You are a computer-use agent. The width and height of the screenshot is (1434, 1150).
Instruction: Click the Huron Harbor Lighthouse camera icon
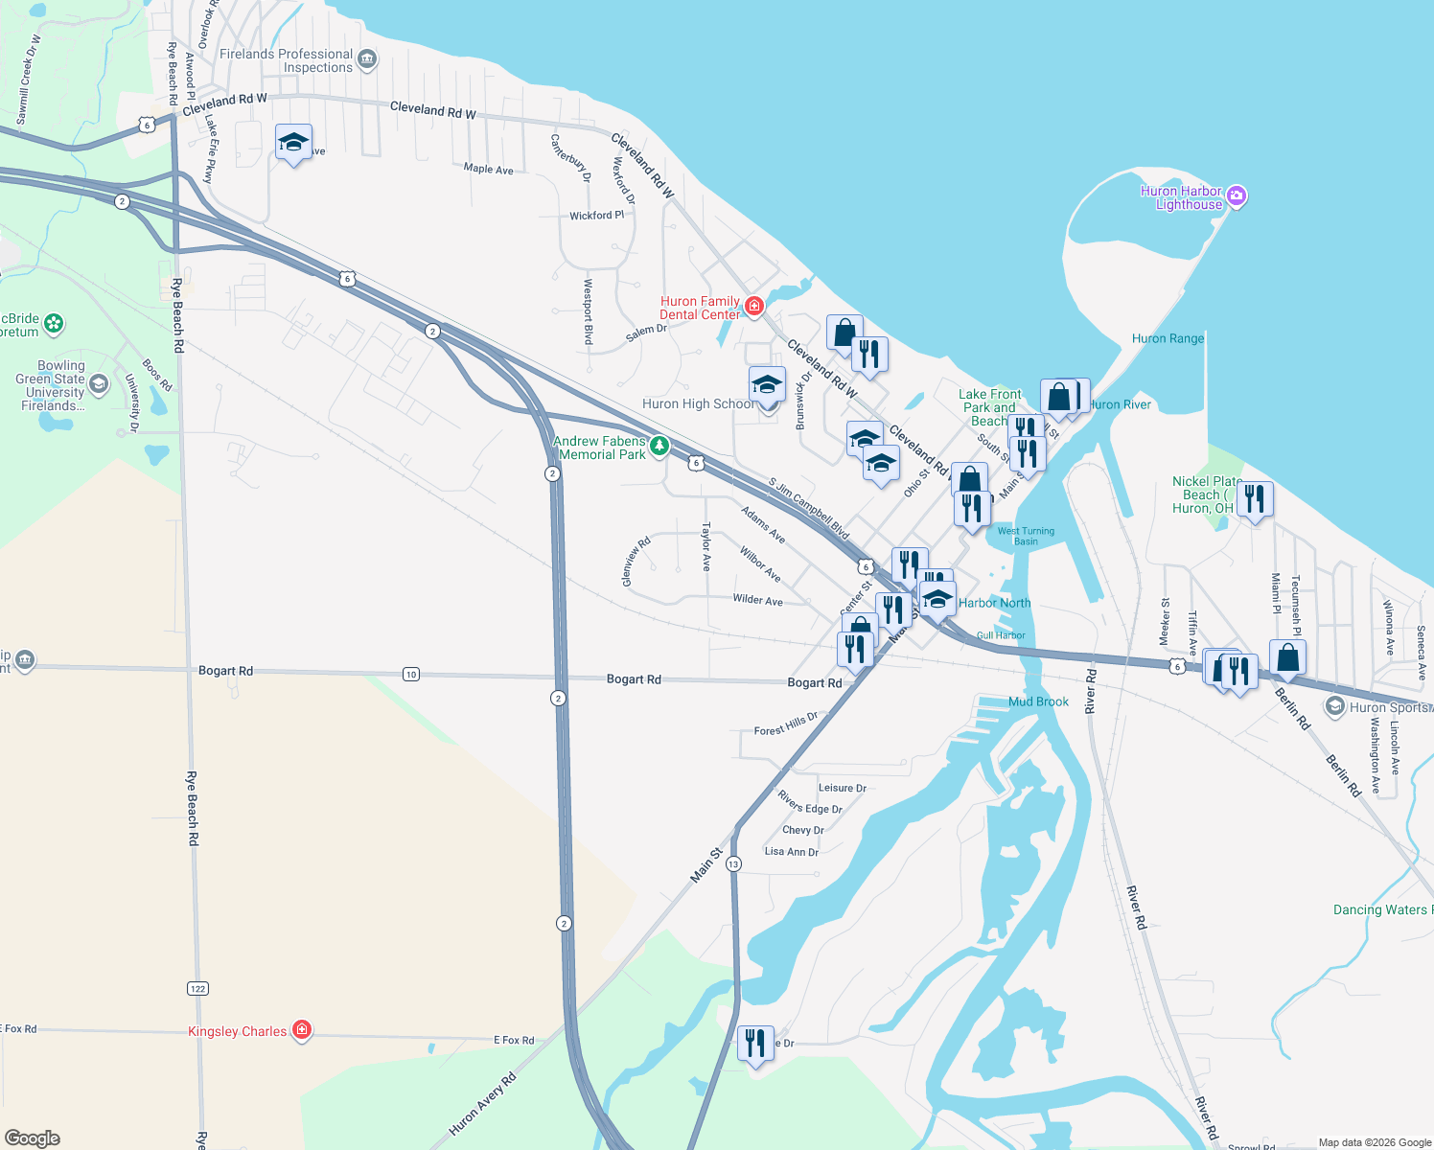point(1237,196)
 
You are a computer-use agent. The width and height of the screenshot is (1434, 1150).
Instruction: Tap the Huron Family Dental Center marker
point(754,307)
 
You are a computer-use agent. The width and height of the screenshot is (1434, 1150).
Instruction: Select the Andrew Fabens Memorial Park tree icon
point(659,446)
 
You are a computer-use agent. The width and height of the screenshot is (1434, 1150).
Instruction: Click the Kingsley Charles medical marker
point(302,1030)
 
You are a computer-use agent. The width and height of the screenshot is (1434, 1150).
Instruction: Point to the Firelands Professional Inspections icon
point(366,61)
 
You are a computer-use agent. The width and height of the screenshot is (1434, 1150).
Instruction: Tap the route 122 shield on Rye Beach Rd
point(198,988)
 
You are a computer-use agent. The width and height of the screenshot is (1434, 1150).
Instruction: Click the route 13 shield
point(733,863)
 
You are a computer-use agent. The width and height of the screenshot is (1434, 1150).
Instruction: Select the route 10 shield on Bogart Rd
point(411,674)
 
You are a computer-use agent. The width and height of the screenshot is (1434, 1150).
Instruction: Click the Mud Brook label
point(1038,701)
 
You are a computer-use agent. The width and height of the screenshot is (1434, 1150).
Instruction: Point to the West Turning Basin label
point(1026,536)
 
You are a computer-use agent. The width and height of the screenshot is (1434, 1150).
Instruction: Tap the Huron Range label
point(1168,338)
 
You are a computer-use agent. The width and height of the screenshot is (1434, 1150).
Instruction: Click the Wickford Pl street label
point(596,216)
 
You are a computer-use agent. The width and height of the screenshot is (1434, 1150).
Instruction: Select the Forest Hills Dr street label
point(786,724)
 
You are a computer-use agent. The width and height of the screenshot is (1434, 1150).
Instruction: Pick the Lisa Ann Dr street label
point(792,851)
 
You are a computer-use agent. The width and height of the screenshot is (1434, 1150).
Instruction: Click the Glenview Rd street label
point(636,562)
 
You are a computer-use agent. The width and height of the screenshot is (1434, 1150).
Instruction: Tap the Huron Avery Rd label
point(482,1104)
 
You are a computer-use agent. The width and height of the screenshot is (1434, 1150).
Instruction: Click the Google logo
point(32,1138)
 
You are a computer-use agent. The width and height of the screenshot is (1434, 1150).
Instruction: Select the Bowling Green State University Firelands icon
point(99,384)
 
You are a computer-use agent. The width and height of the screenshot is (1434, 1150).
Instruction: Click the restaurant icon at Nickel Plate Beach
point(1255,499)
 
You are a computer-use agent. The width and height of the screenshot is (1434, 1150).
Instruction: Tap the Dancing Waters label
point(1381,909)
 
